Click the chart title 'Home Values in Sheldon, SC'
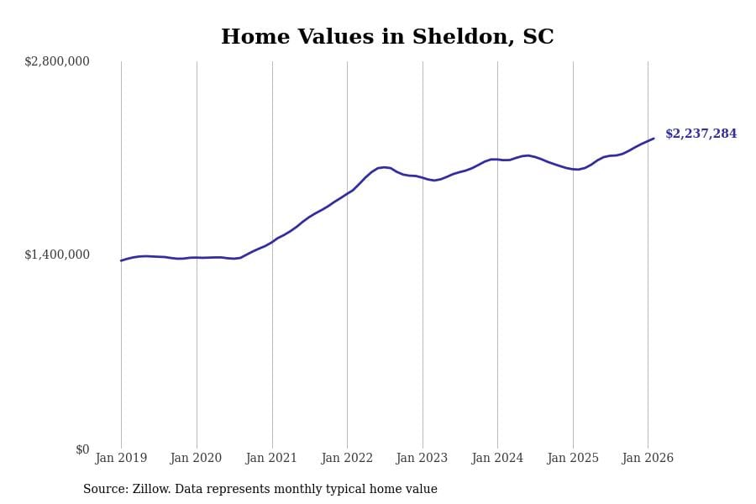tap(387, 38)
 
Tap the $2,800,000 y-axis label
tap(57, 61)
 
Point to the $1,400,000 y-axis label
tap(57, 255)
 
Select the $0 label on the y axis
tap(82, 449)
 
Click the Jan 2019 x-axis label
tap(121, 459)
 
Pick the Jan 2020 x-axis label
tap(196, 459)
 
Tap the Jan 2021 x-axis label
tap(271, 459)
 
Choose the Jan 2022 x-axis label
tap(347, 459)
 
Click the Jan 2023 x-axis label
tap(422, 459)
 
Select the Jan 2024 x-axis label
tap(497, 459)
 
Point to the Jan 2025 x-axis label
tap(573, 459)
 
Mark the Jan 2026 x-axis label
tap(648, 459)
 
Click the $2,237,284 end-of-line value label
tap(701, 134)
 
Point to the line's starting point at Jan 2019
tap(121, 260)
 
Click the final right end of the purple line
tap(654, 139)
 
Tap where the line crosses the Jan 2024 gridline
tap(497, 159)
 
